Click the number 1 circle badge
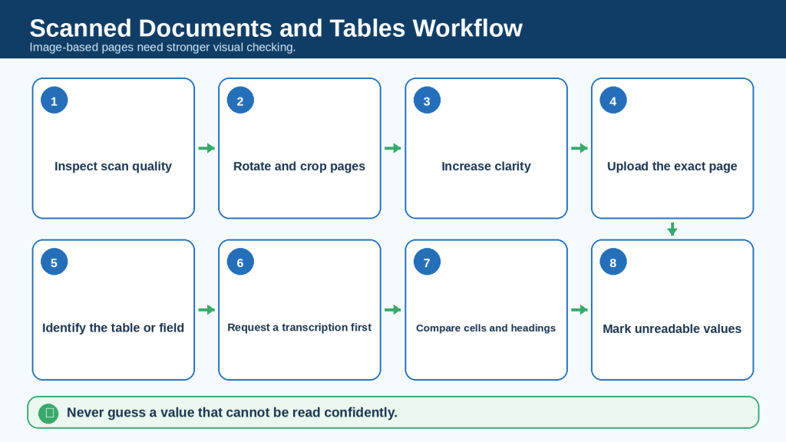coord(54,101)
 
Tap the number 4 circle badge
coord(613,101)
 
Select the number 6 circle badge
coord(240,262)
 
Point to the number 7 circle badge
coord(427,262)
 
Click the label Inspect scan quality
coord(113,167)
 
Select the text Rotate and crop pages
coord(299,167)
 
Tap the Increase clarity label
coord(486,167)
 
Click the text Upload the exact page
coord(672,167)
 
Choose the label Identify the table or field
coord(113,328)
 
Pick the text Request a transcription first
coord(299,327)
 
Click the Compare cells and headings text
coord(486,328)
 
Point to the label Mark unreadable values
coord(672,328)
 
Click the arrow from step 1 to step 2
coord(206,148)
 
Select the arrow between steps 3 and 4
coord(579,148)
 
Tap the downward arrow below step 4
coord(672,229)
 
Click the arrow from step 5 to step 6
coord(206,310)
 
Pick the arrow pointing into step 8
coord(579,310)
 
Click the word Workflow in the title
coord(467,28)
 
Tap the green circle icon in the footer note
coord(48,413)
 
